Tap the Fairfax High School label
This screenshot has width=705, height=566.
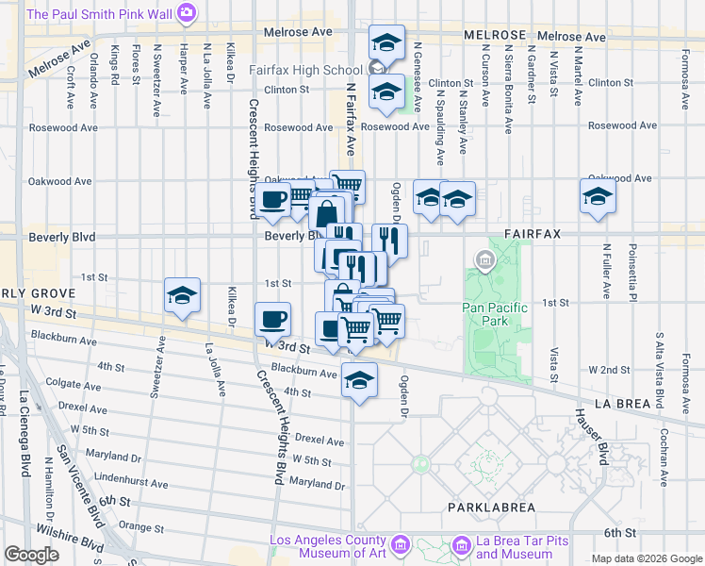point(305,70)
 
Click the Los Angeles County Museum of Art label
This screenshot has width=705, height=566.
point(329,546)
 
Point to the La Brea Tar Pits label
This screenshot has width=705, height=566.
point(522,546)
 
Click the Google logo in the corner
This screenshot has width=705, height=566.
point(32,555)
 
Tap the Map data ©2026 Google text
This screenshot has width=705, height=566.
point(645,558)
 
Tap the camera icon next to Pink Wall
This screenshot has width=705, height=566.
point(187,14)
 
